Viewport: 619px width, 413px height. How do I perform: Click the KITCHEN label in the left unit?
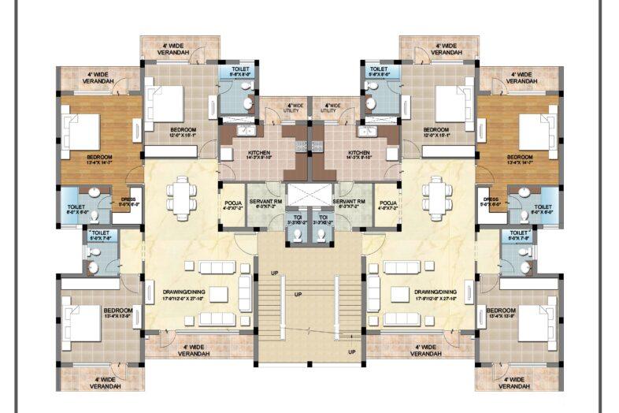(x=259, y=152)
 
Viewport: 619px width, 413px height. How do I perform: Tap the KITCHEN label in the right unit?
(x=359, y=152)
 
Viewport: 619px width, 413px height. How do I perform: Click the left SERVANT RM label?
(x=268, y=203)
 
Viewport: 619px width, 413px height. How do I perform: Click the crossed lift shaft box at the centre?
(x=309, y=195)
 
